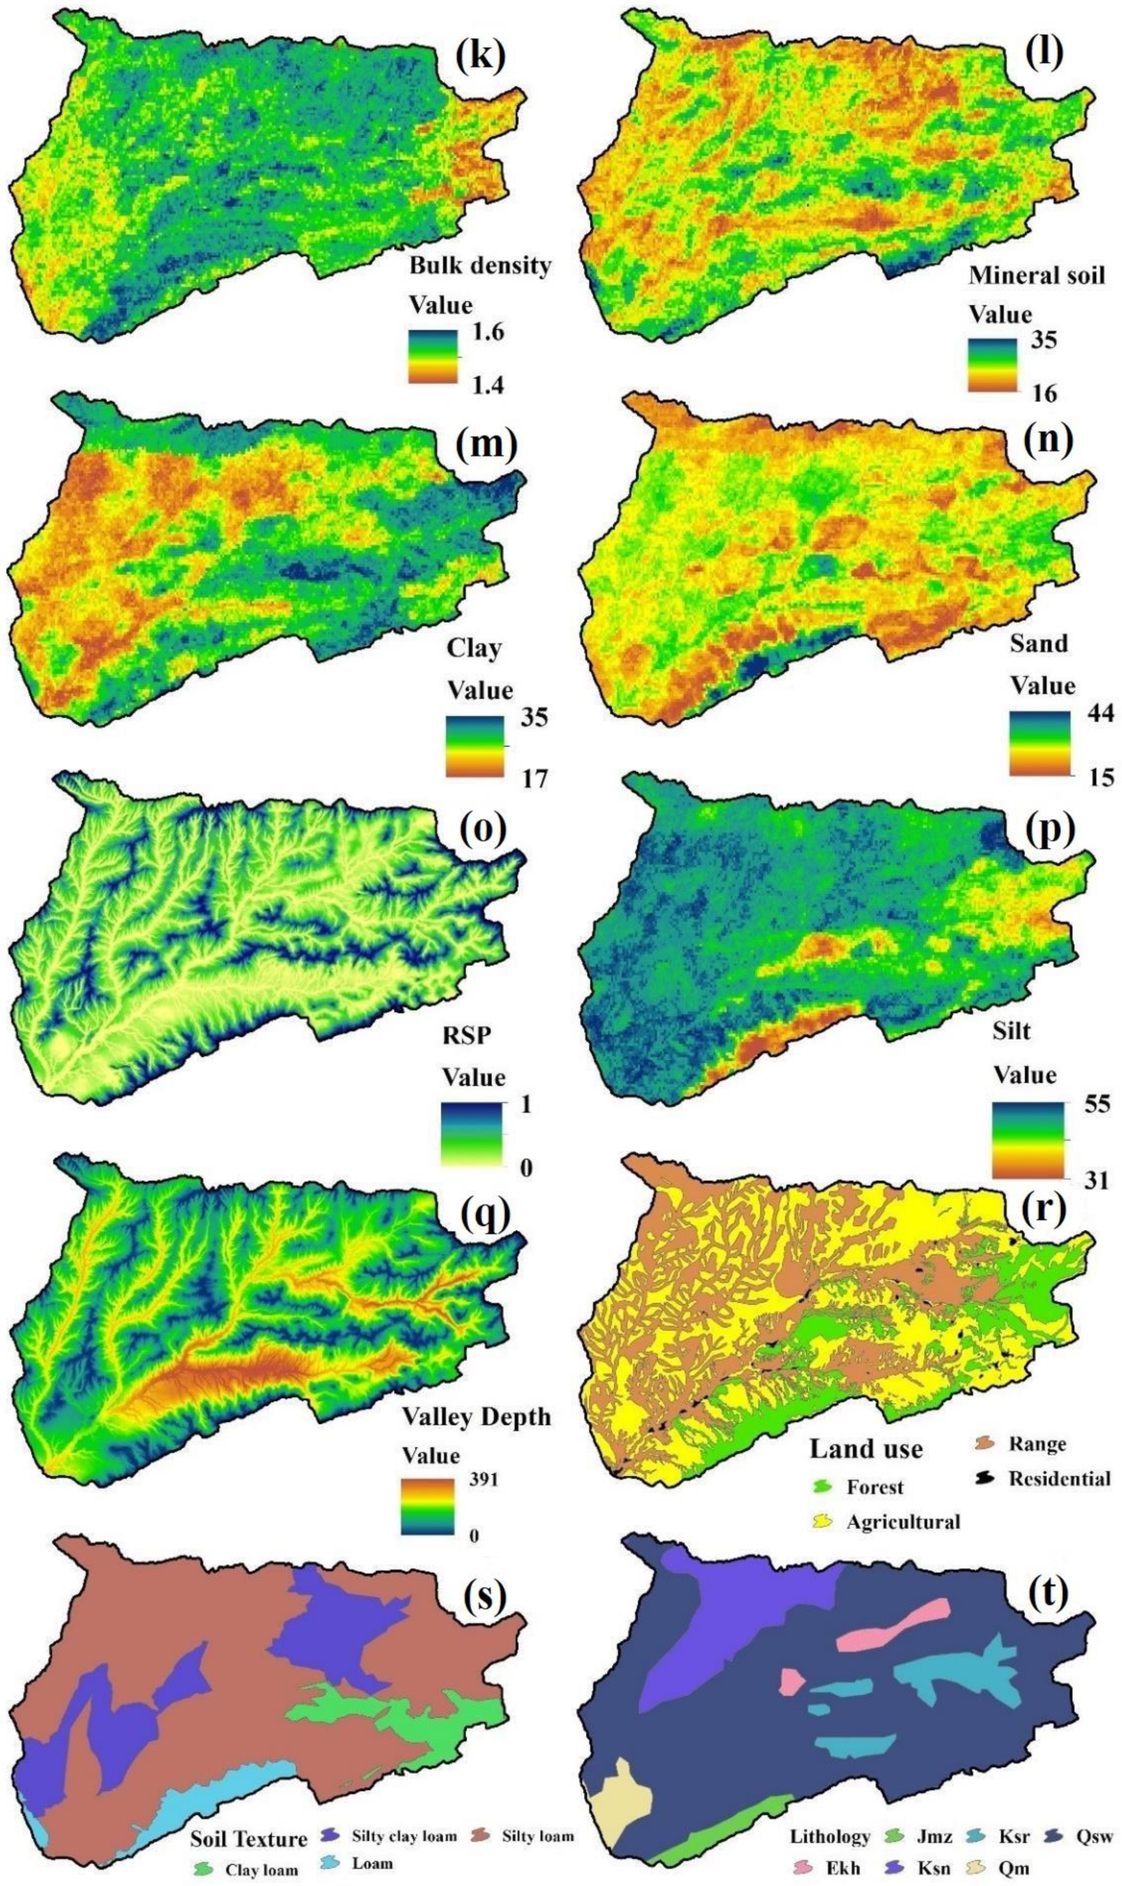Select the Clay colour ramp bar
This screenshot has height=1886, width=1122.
coord(475,746)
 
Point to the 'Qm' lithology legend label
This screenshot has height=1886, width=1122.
coord(1013,1820)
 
